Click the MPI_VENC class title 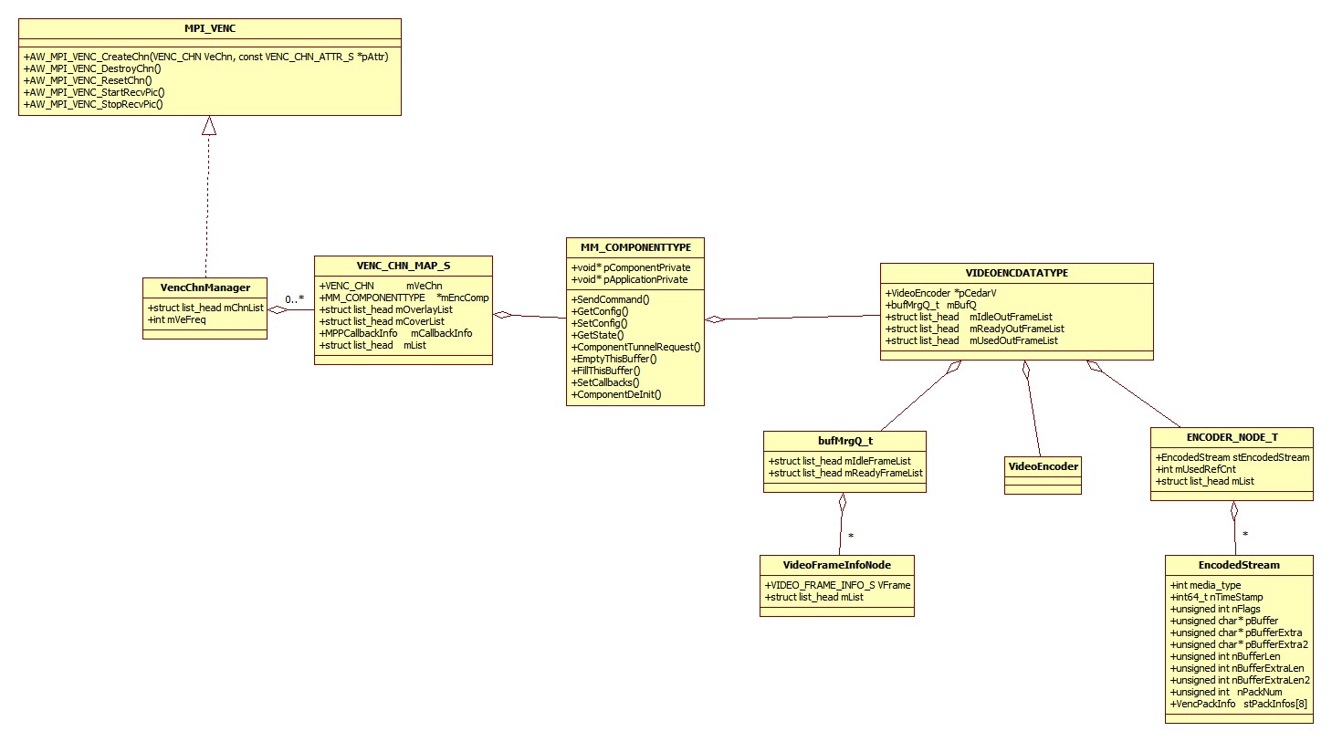click(x=210, y=28)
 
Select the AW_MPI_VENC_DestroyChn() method click(x=92, y=68)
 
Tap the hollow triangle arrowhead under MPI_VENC click(x=209, y=125)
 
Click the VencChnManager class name click(x=205, y=287)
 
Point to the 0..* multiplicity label click(x=294, y=299)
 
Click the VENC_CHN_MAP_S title click(x=404, y=266)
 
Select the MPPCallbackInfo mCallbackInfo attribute click(x=395, y=333)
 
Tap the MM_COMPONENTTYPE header click(x=635, y=247)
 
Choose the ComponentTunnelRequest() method click(x=635, y=347)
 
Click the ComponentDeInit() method click(x=616, y=395)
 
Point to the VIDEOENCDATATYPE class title click(x=1017, y=273)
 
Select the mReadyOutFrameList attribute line click(x=975, y=329)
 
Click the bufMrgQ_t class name click(x=845, y=441)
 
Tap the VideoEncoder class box click(x=1043, y=476)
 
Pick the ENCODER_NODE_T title click(x=1232, y=437)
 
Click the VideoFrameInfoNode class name click(x=836, y=565)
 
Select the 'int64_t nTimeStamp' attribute click(x=1217, y=597)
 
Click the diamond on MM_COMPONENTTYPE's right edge click(x=715, y=319)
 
